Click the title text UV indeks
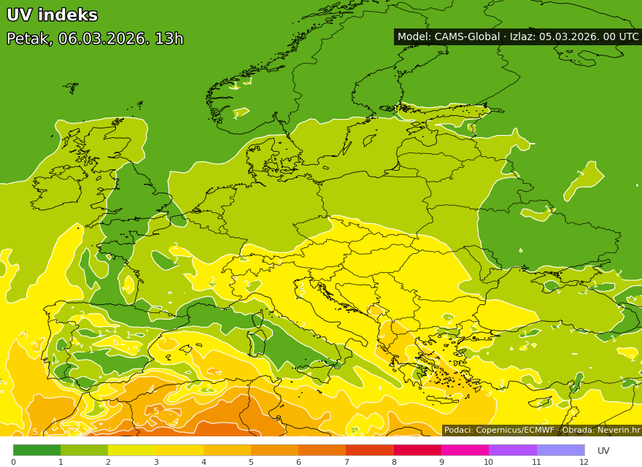pos(52,15)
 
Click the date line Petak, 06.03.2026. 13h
pos(95,39)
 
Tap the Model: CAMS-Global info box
pos(517,36)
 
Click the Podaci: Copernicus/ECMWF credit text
pos(499,431)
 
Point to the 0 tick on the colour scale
pos(13,462)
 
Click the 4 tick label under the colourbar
pos(204,462)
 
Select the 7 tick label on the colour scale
pos(347,462)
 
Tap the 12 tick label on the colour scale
pos(584,462)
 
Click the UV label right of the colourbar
pos(603,451)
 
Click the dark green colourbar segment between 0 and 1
pos(36,450)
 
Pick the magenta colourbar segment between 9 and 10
pos(465,450)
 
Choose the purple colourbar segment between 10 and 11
pos(512,450)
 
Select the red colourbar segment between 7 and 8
pos(370,450)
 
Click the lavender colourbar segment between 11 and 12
pos(560,450)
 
